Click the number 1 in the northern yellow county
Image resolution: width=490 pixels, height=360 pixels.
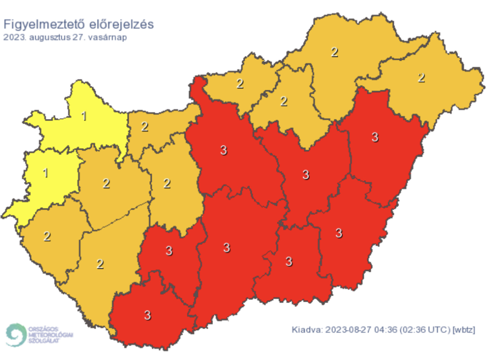[84, 116]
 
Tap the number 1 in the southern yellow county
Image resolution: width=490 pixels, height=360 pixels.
[46, 173]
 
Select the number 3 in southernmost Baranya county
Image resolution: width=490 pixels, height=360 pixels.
[147, 315]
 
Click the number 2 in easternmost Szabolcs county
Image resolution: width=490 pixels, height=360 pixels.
[421, 77]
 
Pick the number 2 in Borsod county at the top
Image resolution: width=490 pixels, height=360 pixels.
[334, 52]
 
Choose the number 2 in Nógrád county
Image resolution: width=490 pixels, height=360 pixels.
[240, 84]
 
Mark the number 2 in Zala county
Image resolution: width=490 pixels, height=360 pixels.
[47, 236]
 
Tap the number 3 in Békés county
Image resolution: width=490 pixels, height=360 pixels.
[339, 233]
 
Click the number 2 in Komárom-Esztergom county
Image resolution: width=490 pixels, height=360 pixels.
[145, 127]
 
